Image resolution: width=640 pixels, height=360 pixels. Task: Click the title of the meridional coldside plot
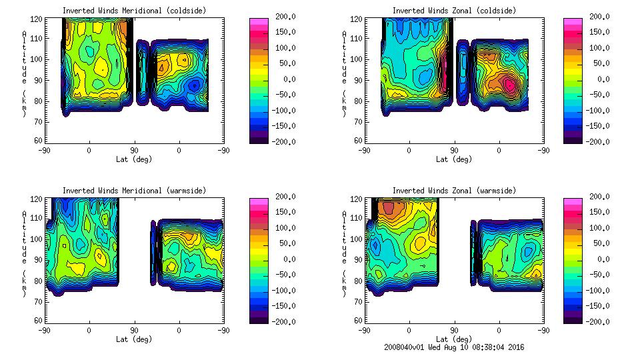coord(134,11)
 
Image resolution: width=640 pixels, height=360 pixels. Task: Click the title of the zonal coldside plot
coord(454,11)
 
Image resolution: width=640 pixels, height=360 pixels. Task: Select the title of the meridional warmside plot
coord(134,191)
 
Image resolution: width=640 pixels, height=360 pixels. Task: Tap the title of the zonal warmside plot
coord(454,191)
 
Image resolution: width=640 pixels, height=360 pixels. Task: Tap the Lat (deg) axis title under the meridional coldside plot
coord(134,159)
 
